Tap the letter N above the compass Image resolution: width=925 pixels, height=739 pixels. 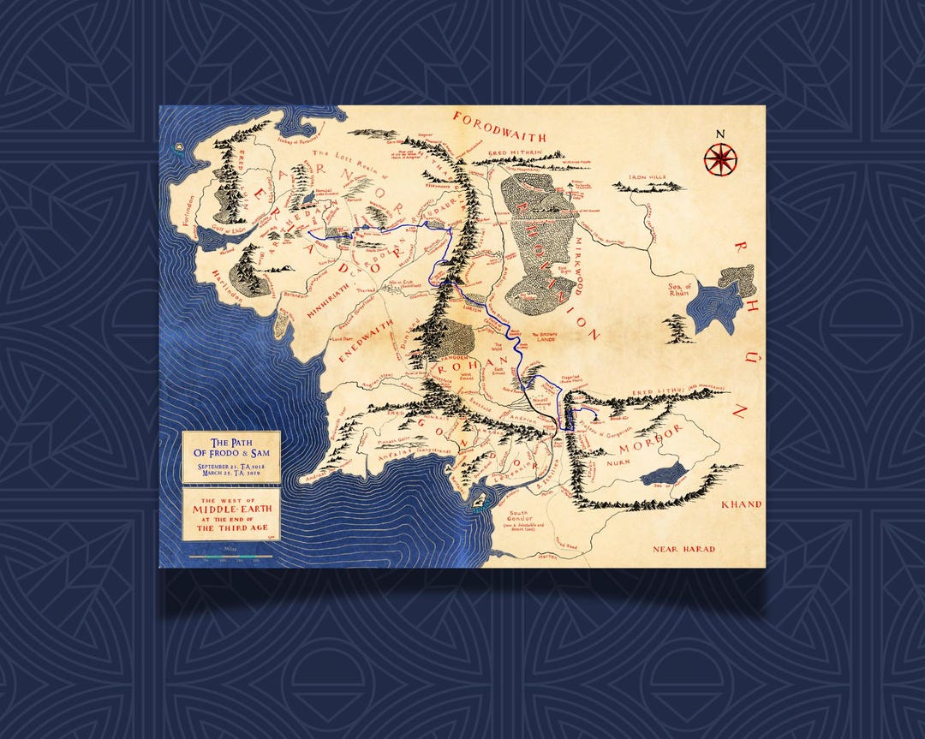[719, 133]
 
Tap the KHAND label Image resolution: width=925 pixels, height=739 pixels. [741, 504]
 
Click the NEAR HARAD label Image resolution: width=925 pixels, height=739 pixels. [683, 548]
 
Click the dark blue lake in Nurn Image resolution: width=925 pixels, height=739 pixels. [663, 474]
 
